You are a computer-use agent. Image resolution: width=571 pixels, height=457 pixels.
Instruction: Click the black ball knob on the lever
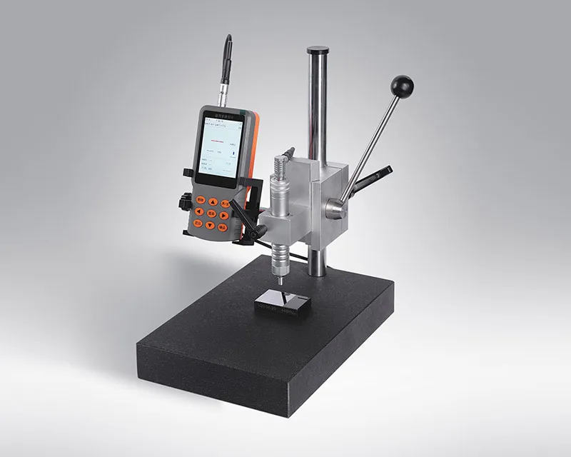(x=402, y=87)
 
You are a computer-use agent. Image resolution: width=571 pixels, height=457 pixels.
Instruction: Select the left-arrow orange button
(x=199, y=212)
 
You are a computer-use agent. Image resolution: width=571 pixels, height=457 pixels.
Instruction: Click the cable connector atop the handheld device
(x=226, y=86)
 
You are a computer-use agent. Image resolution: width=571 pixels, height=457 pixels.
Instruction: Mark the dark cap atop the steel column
(x=318, y=51)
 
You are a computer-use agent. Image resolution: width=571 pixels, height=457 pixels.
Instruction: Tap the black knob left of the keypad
(x=186, y=203)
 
